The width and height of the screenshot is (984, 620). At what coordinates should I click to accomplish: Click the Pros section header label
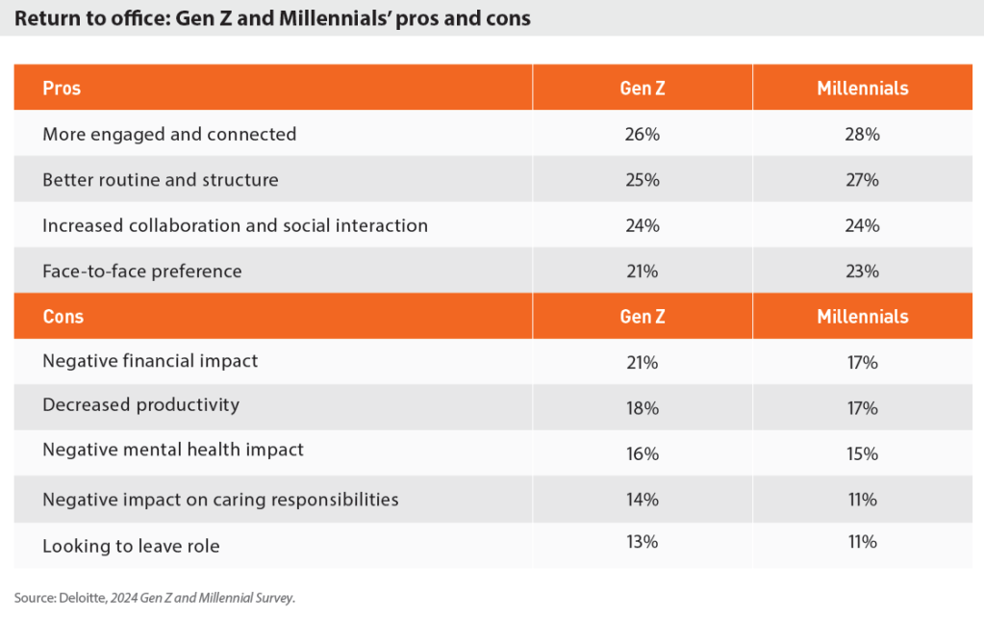62,89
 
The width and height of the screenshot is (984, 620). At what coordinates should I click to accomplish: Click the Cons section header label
63,317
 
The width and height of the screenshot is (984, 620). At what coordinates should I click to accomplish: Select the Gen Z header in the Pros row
642,89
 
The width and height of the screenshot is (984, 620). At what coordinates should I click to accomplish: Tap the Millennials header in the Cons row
862,317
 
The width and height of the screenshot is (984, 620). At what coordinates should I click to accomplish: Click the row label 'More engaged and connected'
169,135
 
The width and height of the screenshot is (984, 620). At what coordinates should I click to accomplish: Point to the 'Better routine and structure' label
161,180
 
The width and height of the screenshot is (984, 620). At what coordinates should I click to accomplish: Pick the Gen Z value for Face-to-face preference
642,271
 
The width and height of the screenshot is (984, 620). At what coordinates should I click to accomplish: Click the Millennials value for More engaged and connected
862,135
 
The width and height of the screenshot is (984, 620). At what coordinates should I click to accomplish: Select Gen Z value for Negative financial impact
642,362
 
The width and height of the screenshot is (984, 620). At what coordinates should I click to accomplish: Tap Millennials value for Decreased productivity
862,408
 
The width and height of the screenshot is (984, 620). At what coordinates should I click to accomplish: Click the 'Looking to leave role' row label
131,546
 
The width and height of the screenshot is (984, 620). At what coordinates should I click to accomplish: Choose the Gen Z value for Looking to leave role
642,542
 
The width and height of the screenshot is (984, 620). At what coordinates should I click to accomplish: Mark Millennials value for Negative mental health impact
862,453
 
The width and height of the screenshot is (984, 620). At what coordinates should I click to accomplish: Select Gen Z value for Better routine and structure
642,180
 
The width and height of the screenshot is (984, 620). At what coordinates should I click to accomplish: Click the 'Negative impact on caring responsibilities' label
220,500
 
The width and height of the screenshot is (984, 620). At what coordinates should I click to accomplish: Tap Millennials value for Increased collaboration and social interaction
862,226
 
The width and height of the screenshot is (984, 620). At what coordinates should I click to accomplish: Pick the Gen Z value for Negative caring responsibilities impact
642,500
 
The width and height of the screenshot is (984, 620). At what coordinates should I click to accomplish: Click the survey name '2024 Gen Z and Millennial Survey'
202,598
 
